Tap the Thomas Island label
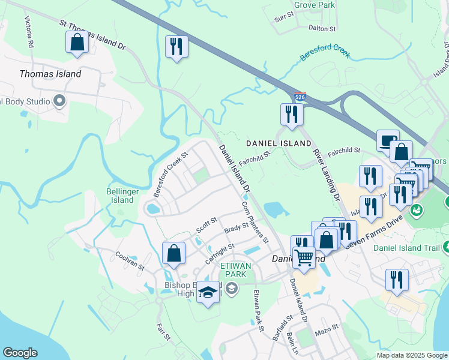tap(50, 74)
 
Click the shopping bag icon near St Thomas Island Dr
tap(77, 43)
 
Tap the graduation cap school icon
tap(208, 293)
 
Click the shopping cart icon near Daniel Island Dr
tap(304, 258)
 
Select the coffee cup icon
tap(388, 140)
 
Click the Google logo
tap(20, 353)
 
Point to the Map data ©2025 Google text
tap(412, 355)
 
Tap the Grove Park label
tap(314, 5)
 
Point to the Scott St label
tap(206, 226)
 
